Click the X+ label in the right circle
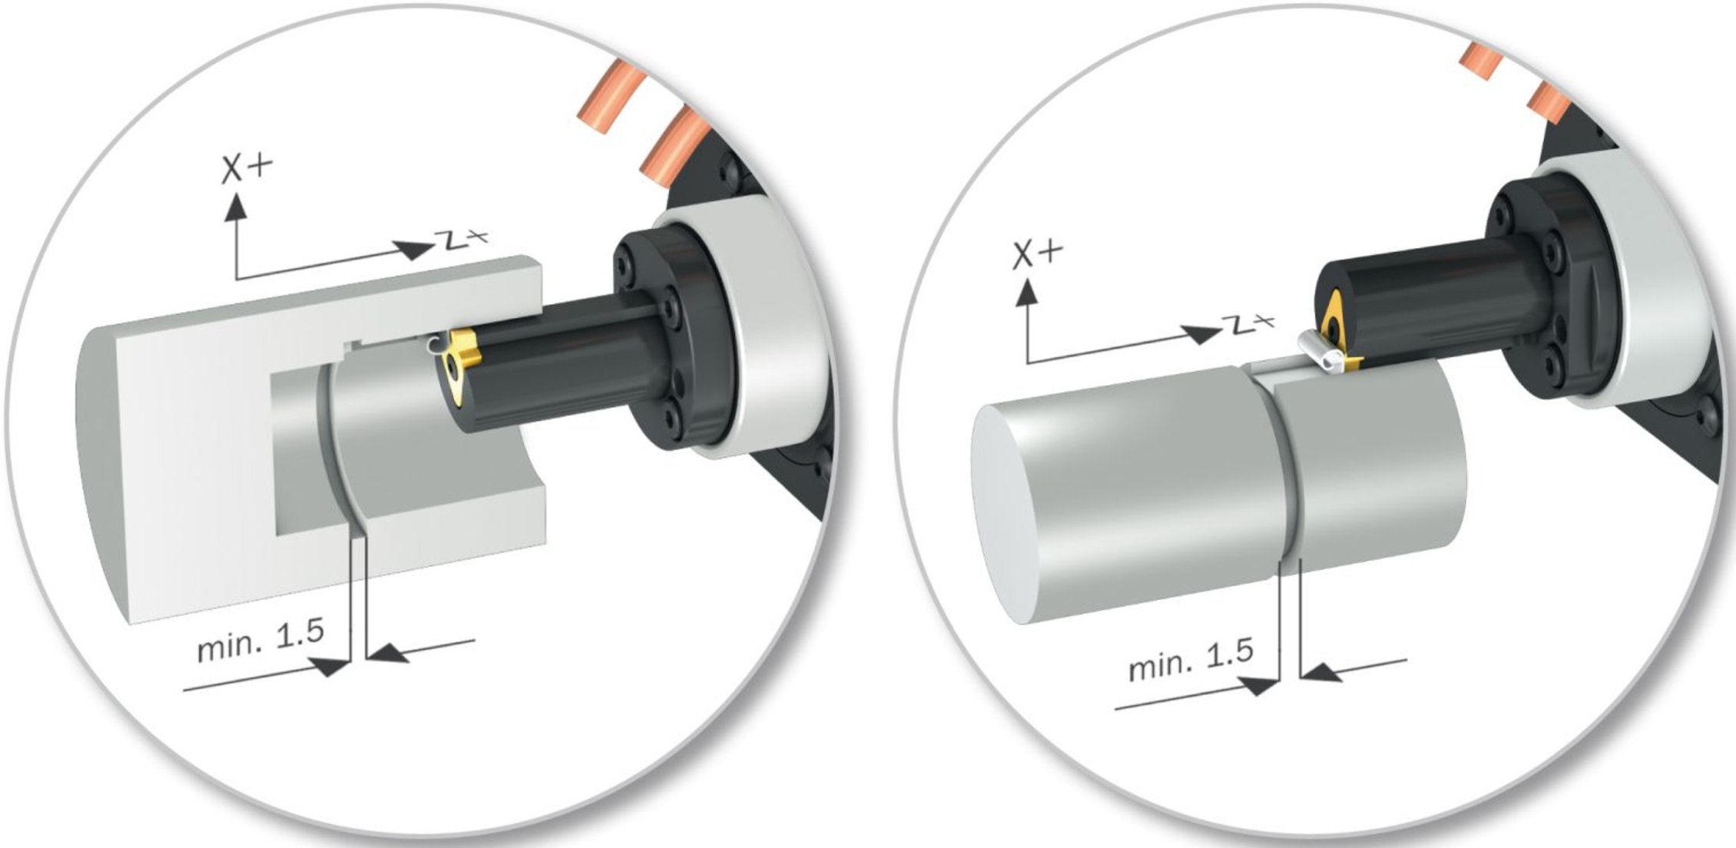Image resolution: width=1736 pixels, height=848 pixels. point(1038,254)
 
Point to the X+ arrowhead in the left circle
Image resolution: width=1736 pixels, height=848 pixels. point(236,205)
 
